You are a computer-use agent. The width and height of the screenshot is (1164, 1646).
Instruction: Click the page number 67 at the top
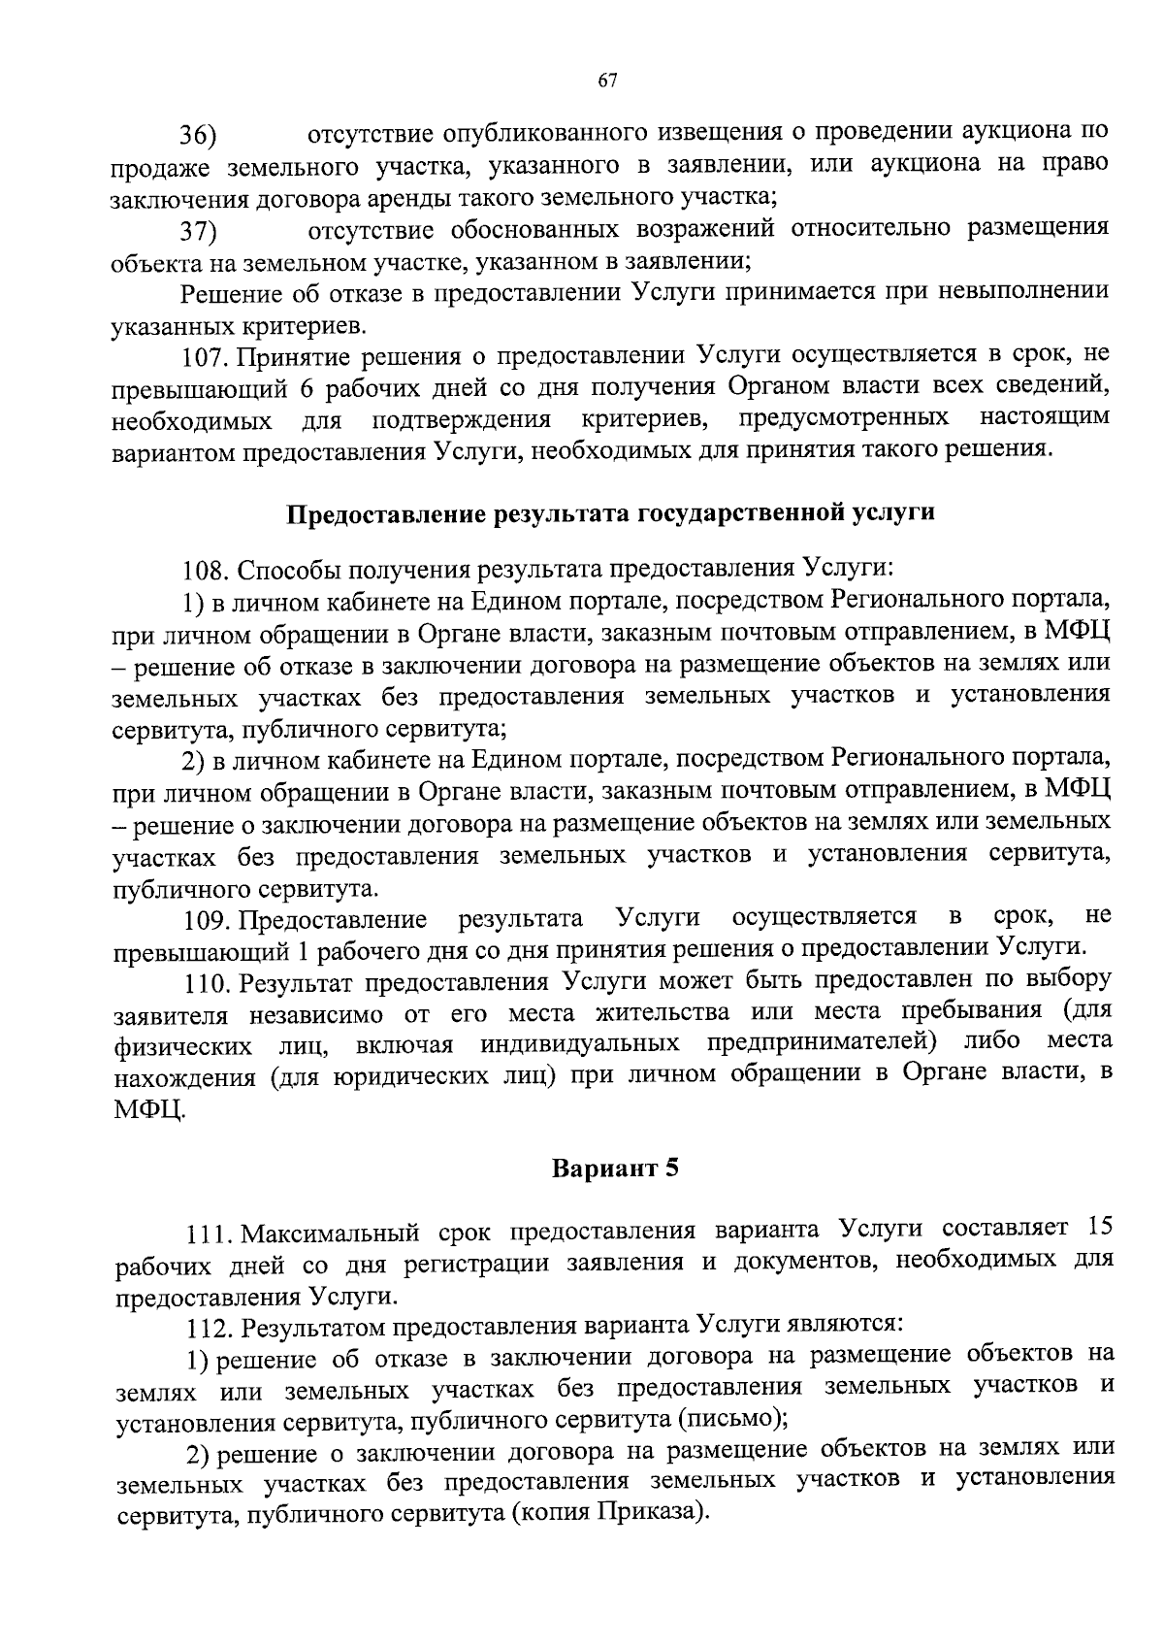click(607, 82)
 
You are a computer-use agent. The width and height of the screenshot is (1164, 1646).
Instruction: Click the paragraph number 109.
click(205, 919)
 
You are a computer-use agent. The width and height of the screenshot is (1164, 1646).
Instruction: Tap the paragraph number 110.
click(205, 982)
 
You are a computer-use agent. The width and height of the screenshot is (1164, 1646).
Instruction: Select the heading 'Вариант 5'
click(615, 1169)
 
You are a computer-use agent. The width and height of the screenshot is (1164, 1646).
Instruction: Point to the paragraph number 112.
click(206, 1326)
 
